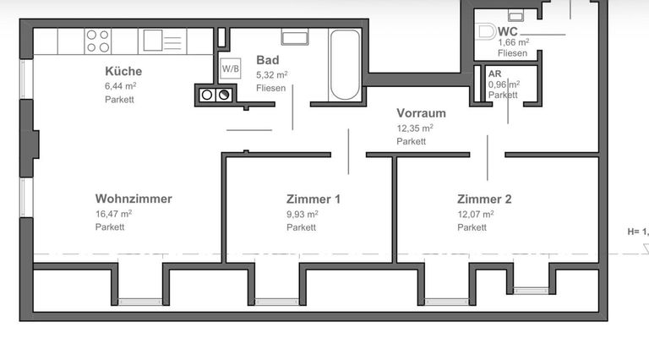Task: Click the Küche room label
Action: click(123, 71)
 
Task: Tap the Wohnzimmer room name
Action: click(134, 199)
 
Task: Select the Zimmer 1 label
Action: click(314, 199)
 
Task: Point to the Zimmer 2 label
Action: click(484, 199)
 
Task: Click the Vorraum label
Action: click(421, 113)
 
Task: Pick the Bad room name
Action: click(267, 60)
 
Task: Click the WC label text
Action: click(508, 31)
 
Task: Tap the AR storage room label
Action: click(494, 74)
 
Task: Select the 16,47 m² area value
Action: click(113, 215)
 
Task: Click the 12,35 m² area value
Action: click(415, 128)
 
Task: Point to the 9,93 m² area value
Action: click(302, 215)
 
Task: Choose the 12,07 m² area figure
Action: click(475, 215)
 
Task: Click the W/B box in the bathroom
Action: click(229, 68)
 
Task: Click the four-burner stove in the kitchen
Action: click(98, 41)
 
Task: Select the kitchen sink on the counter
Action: click(154, 40)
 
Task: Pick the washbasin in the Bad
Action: click(295, 36)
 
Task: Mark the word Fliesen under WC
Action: click(512, 53)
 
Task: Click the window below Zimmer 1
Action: click(276, 301)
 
